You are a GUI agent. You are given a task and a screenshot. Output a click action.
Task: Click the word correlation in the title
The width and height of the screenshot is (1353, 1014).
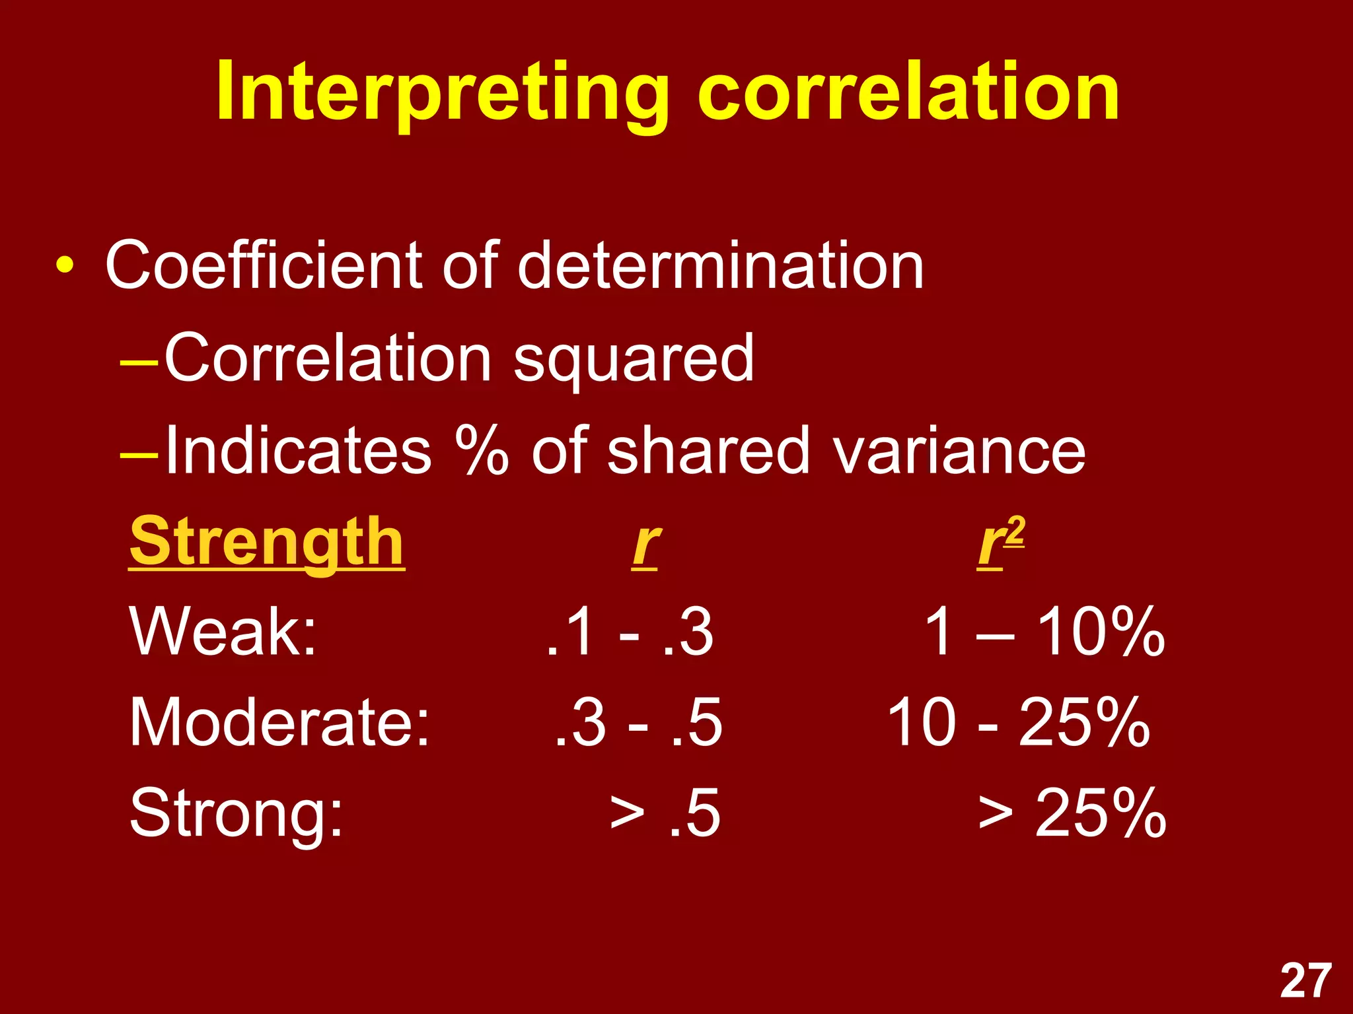tap(908, 92)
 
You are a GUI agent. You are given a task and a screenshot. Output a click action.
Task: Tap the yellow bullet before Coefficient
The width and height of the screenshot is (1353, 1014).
tap(65, 265)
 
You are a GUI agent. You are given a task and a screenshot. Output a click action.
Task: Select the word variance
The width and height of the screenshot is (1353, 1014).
tap(958, 451)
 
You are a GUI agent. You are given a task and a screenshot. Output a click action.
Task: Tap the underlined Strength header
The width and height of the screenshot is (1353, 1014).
tap(266, 543)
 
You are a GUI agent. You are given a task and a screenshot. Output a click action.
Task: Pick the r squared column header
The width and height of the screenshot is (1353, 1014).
tap(1000, 543)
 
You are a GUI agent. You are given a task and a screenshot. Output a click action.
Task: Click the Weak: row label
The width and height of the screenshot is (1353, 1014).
tap(223, 632)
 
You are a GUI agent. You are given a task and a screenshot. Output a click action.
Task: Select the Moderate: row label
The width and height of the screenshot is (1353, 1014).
tap(279, 723)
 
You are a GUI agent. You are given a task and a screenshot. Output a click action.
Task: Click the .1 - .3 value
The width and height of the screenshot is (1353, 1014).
tap(630, 632)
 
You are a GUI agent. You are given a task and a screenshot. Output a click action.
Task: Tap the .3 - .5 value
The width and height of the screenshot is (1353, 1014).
tap(638, 723)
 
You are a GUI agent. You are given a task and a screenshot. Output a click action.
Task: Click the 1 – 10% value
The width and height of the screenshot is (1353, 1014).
tap(1044, 632)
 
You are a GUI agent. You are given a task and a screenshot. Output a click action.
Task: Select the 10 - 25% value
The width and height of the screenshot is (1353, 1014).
tap(1017, 723)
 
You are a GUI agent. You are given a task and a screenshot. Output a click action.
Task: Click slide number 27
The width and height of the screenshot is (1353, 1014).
tap(1305, 981)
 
